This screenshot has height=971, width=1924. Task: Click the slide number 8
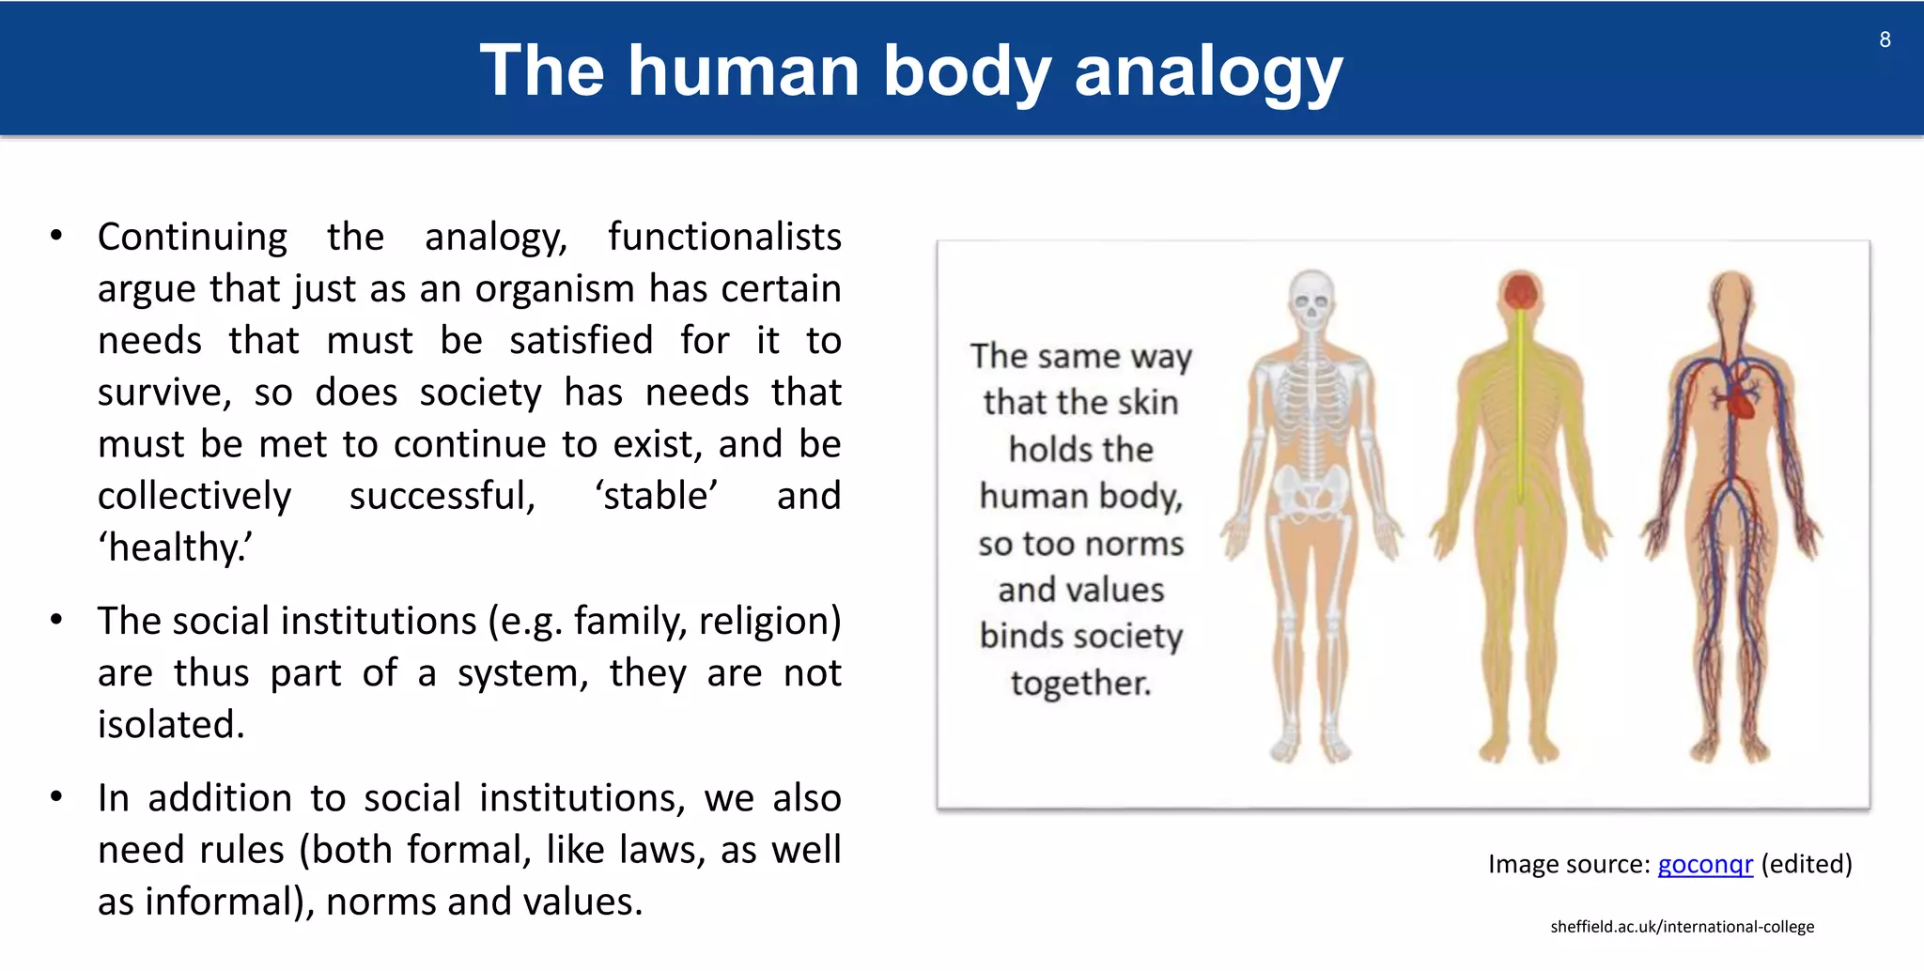click(x=1885, y=39)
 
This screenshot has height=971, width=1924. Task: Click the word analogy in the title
click(x=1208, y=73)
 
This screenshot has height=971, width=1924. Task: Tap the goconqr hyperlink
click(x=1705, y=864)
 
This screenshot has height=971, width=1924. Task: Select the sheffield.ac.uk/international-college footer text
click(x=1682, y=927)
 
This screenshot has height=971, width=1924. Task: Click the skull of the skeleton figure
click(x=1311, y=299)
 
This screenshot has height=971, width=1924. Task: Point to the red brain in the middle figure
click(x=1520, y=292)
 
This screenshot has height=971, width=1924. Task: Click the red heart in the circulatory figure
click(x=1741, y=401)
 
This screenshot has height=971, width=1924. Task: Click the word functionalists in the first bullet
click(x=724, y=237)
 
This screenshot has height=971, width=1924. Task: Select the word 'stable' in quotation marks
click(x=657, y=496)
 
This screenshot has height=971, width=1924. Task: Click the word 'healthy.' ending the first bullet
click(x=176, y=547)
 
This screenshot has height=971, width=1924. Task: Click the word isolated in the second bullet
click(x=170, y=725)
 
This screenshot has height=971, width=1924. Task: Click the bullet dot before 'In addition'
click(x=56, y=797)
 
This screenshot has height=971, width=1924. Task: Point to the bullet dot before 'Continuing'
click(x=56, y=236)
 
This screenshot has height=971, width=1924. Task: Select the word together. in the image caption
click(x=1080, y=683)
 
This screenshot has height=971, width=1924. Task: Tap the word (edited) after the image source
click(x=1806, y=864)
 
